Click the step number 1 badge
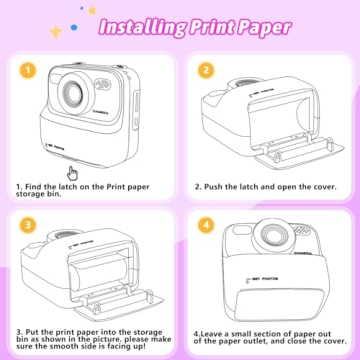(27, 71)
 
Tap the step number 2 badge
(205, 71)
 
